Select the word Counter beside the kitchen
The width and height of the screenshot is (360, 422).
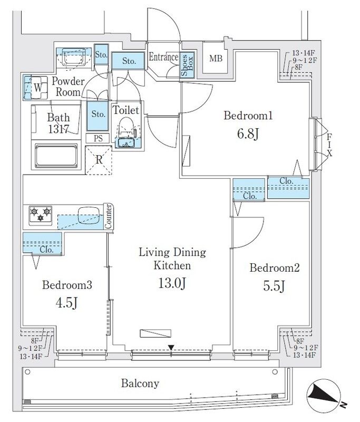tap(108, 217)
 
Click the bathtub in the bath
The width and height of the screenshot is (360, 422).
tap(56, 156)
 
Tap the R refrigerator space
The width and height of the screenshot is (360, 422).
tap(99, 160)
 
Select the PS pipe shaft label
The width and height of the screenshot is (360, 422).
tap(98, 138)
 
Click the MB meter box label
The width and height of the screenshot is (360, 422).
tap(216, 59)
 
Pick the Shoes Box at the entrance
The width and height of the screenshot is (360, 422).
tap(187, 65)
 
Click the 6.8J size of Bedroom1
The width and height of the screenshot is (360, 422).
tap(248, 134)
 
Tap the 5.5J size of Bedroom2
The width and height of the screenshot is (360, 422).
tap(274, 286)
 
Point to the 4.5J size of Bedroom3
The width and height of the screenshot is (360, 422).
tap(67, 303)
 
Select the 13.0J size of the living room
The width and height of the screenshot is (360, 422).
tap(172, 283)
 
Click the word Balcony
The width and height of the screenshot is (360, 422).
tap(140, 383)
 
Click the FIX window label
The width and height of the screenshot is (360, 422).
tap(329, 145)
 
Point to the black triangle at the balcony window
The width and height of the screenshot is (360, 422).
tap(171, 348)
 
